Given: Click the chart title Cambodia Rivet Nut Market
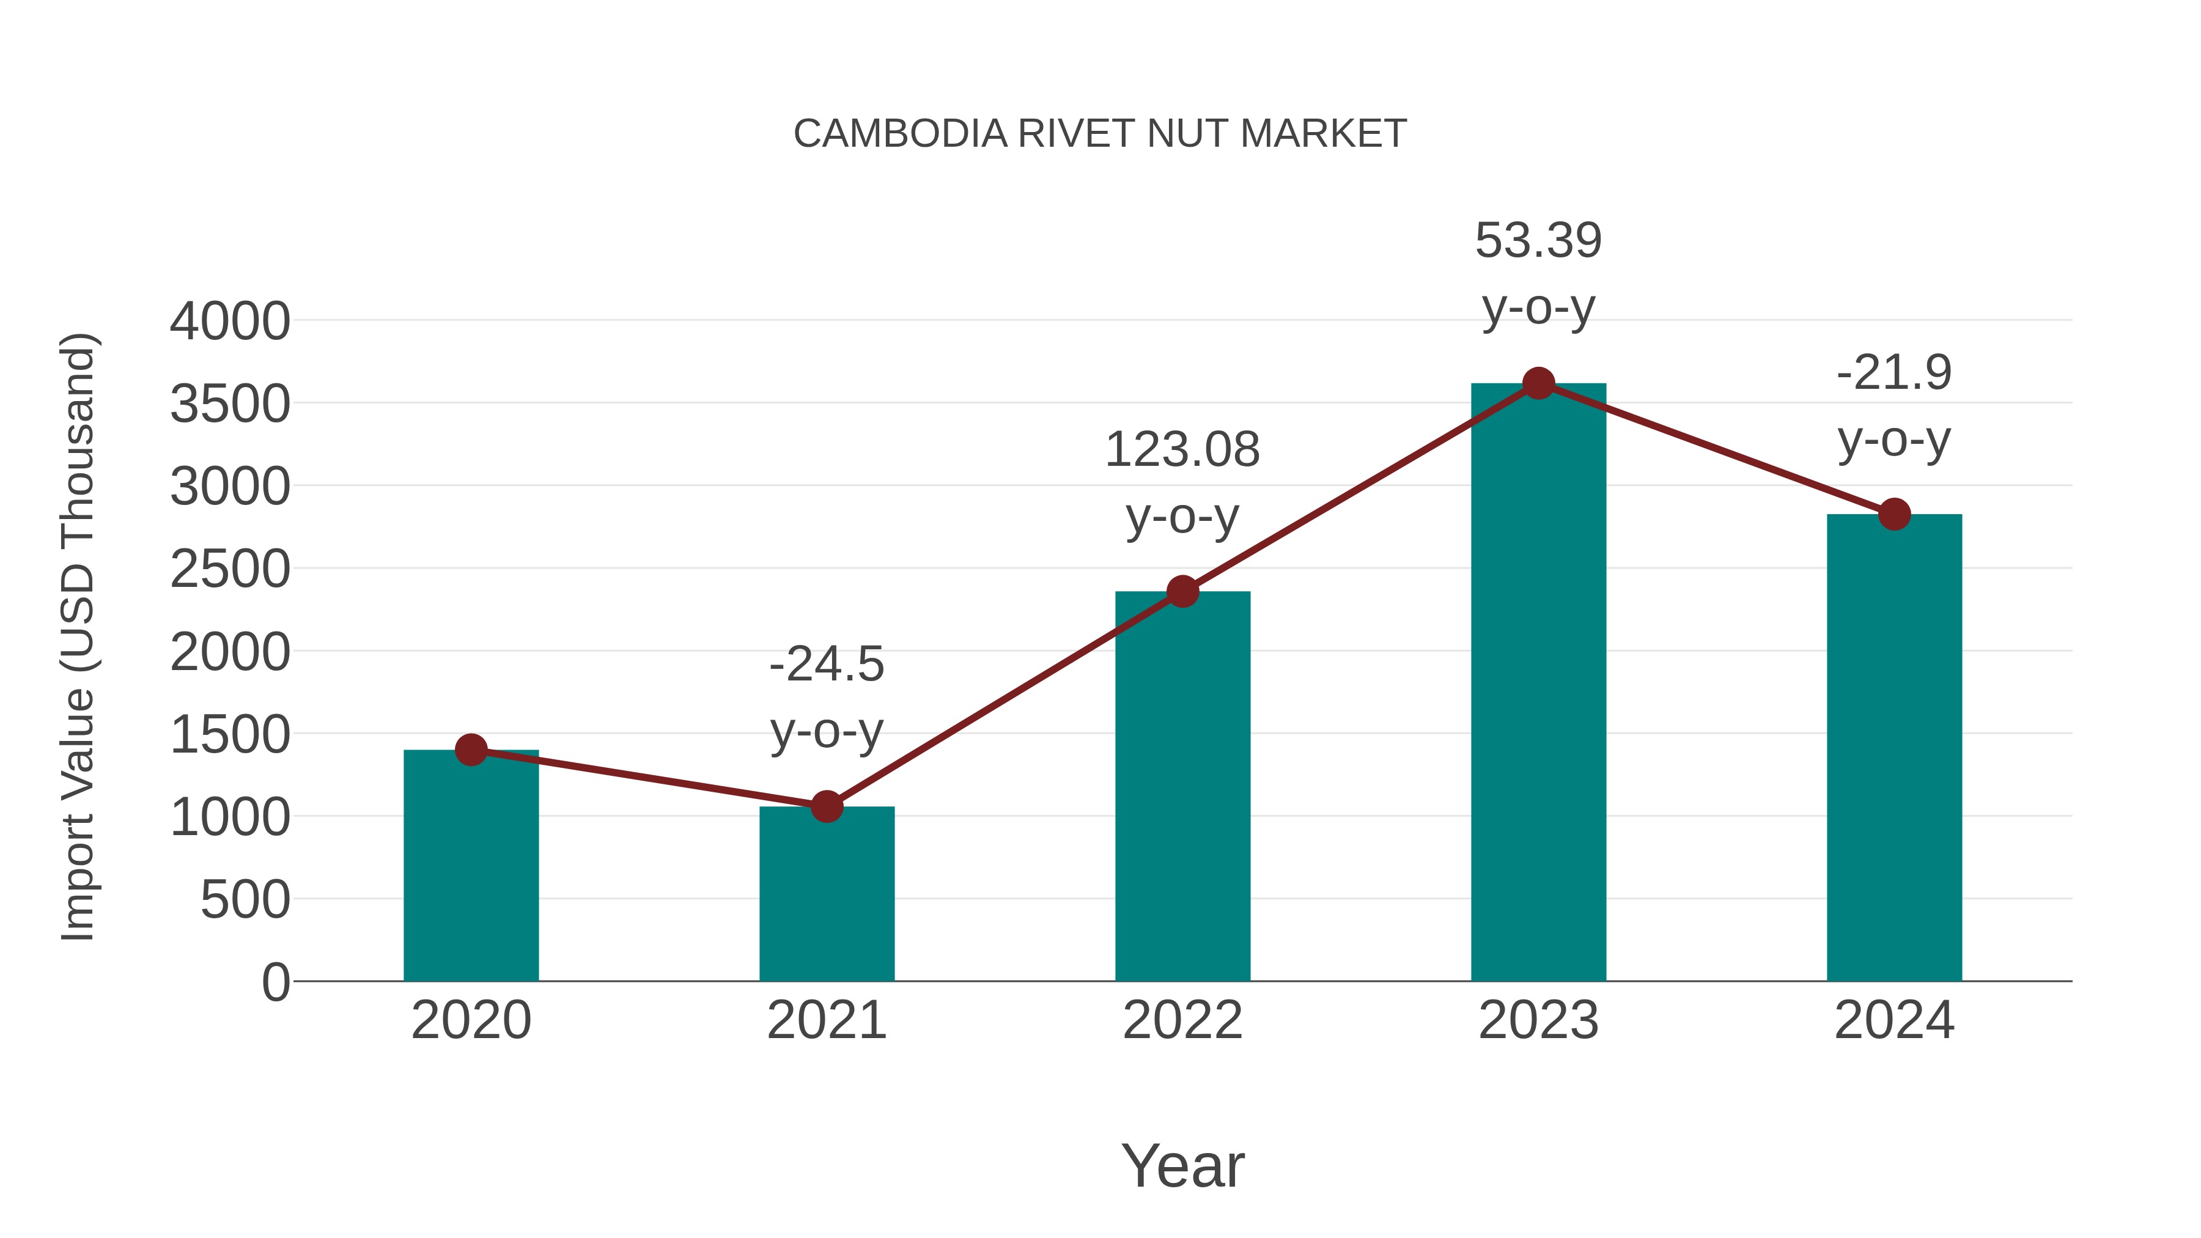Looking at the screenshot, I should (x=1100, y=134).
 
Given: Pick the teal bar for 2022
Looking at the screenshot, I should (x=1182, y=786).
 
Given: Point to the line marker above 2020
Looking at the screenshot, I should (x=471, y=750).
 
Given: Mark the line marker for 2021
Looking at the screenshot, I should (x=826, y=806).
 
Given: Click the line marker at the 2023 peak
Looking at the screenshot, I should (x=1538, y=383).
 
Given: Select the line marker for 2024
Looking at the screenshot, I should (x=1894, y=514).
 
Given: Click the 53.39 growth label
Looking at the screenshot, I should (x=1538, y=241).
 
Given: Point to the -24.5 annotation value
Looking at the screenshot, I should (x=826, y=665).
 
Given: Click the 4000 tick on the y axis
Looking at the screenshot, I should (x=230, y=322).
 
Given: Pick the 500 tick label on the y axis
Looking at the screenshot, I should (x=245, y=901).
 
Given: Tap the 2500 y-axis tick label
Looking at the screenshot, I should (x=230, y=570).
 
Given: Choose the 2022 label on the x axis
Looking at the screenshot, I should (x=1182, y=1020).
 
